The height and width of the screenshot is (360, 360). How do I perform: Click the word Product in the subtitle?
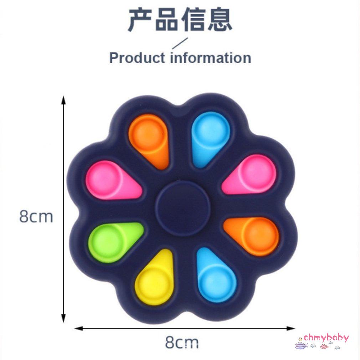click(137, 58)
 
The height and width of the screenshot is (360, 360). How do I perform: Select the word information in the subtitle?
click(211, 57)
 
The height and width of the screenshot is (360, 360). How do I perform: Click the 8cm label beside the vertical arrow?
click(36, 216)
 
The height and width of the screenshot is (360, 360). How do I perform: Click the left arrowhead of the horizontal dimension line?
click(78, 328)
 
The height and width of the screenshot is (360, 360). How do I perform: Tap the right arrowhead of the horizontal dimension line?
click(290, 328)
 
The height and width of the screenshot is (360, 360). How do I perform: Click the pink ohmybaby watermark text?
click(326, 338)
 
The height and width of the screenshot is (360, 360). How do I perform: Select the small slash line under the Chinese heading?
click(180, 43)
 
